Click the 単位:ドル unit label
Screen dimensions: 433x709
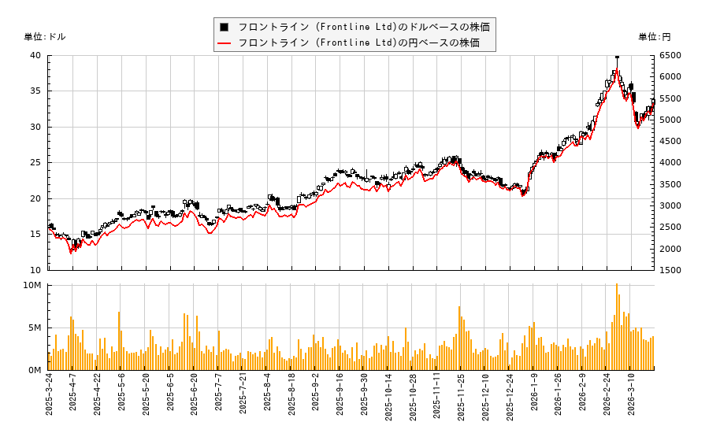(45, 37)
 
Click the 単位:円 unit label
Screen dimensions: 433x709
(654, 37)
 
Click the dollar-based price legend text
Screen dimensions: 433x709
(363, 27)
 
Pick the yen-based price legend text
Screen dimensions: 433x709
(358, 43)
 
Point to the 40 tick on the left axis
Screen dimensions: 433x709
(35, 55)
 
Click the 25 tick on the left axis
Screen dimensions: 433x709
(35, 163)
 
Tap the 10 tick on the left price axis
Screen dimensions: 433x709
(35, 270)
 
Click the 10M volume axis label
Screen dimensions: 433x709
(33, 285)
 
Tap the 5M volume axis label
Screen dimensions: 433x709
(35, 328)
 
